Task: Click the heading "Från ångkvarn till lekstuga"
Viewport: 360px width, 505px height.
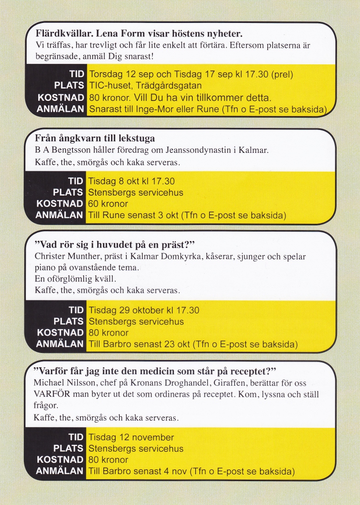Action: pyautogui.click(x=95, y=138)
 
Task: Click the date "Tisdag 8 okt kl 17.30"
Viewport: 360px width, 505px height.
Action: pyautogui.click(x=131, y=181)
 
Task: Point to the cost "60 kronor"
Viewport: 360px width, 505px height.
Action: pyautogui.click(x=108, y=204)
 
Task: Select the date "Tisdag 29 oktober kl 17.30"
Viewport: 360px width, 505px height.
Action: pyautogui.click(x=144, y=310)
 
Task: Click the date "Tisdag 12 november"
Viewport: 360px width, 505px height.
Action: pyautogui.click(x=131, y=437)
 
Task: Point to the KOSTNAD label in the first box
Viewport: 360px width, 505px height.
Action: pyautogui.click(x=61, y=97)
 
